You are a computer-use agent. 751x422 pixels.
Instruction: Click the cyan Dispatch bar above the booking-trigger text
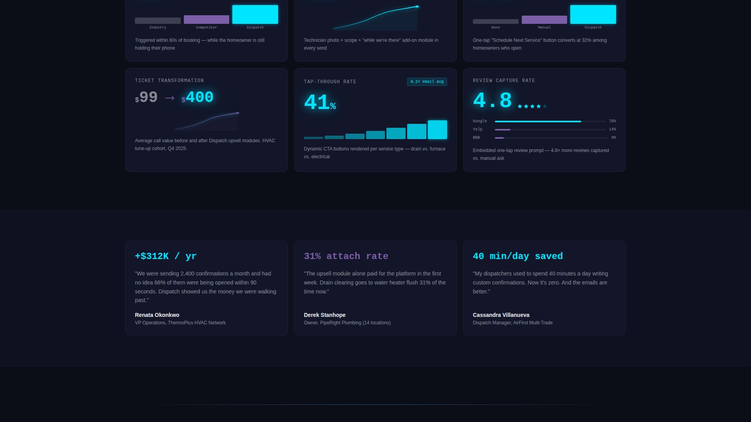click(x=255, y=14)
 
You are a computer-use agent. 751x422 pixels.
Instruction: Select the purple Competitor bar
click(x=206, y=20)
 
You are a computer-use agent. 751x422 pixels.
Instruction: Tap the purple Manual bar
click(x=544, y=20)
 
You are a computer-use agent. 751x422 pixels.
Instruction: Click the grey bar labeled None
click(x=495, y=21)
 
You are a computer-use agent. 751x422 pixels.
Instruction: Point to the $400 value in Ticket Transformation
click(x=199, y=97)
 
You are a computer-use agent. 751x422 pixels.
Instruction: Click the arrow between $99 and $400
click(x=170, y=98)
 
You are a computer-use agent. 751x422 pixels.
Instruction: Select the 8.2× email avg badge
click(x=427, y=82)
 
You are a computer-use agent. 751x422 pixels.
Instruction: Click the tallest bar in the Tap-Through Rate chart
click(x=437, y=130)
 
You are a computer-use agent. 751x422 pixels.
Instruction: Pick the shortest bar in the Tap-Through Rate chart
click(x=313, y=138)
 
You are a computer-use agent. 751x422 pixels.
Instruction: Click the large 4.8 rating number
click(x=492, y=100)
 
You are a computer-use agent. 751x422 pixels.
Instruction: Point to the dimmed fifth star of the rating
click(x=545, y=106)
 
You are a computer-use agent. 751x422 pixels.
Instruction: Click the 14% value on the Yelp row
click(x=612, y=129)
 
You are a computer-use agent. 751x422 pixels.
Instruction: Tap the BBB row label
click(x=476, y=138)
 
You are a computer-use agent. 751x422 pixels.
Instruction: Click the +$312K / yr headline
click(x=165, y=256)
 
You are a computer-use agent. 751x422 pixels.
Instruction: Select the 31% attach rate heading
click(x=346, y=256)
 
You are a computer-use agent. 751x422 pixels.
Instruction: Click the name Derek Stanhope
click(x=324, y=315)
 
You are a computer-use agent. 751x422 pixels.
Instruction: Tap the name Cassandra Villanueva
click(x=501, y=315)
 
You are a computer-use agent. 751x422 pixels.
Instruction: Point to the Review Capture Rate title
click(x=503, y=80)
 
